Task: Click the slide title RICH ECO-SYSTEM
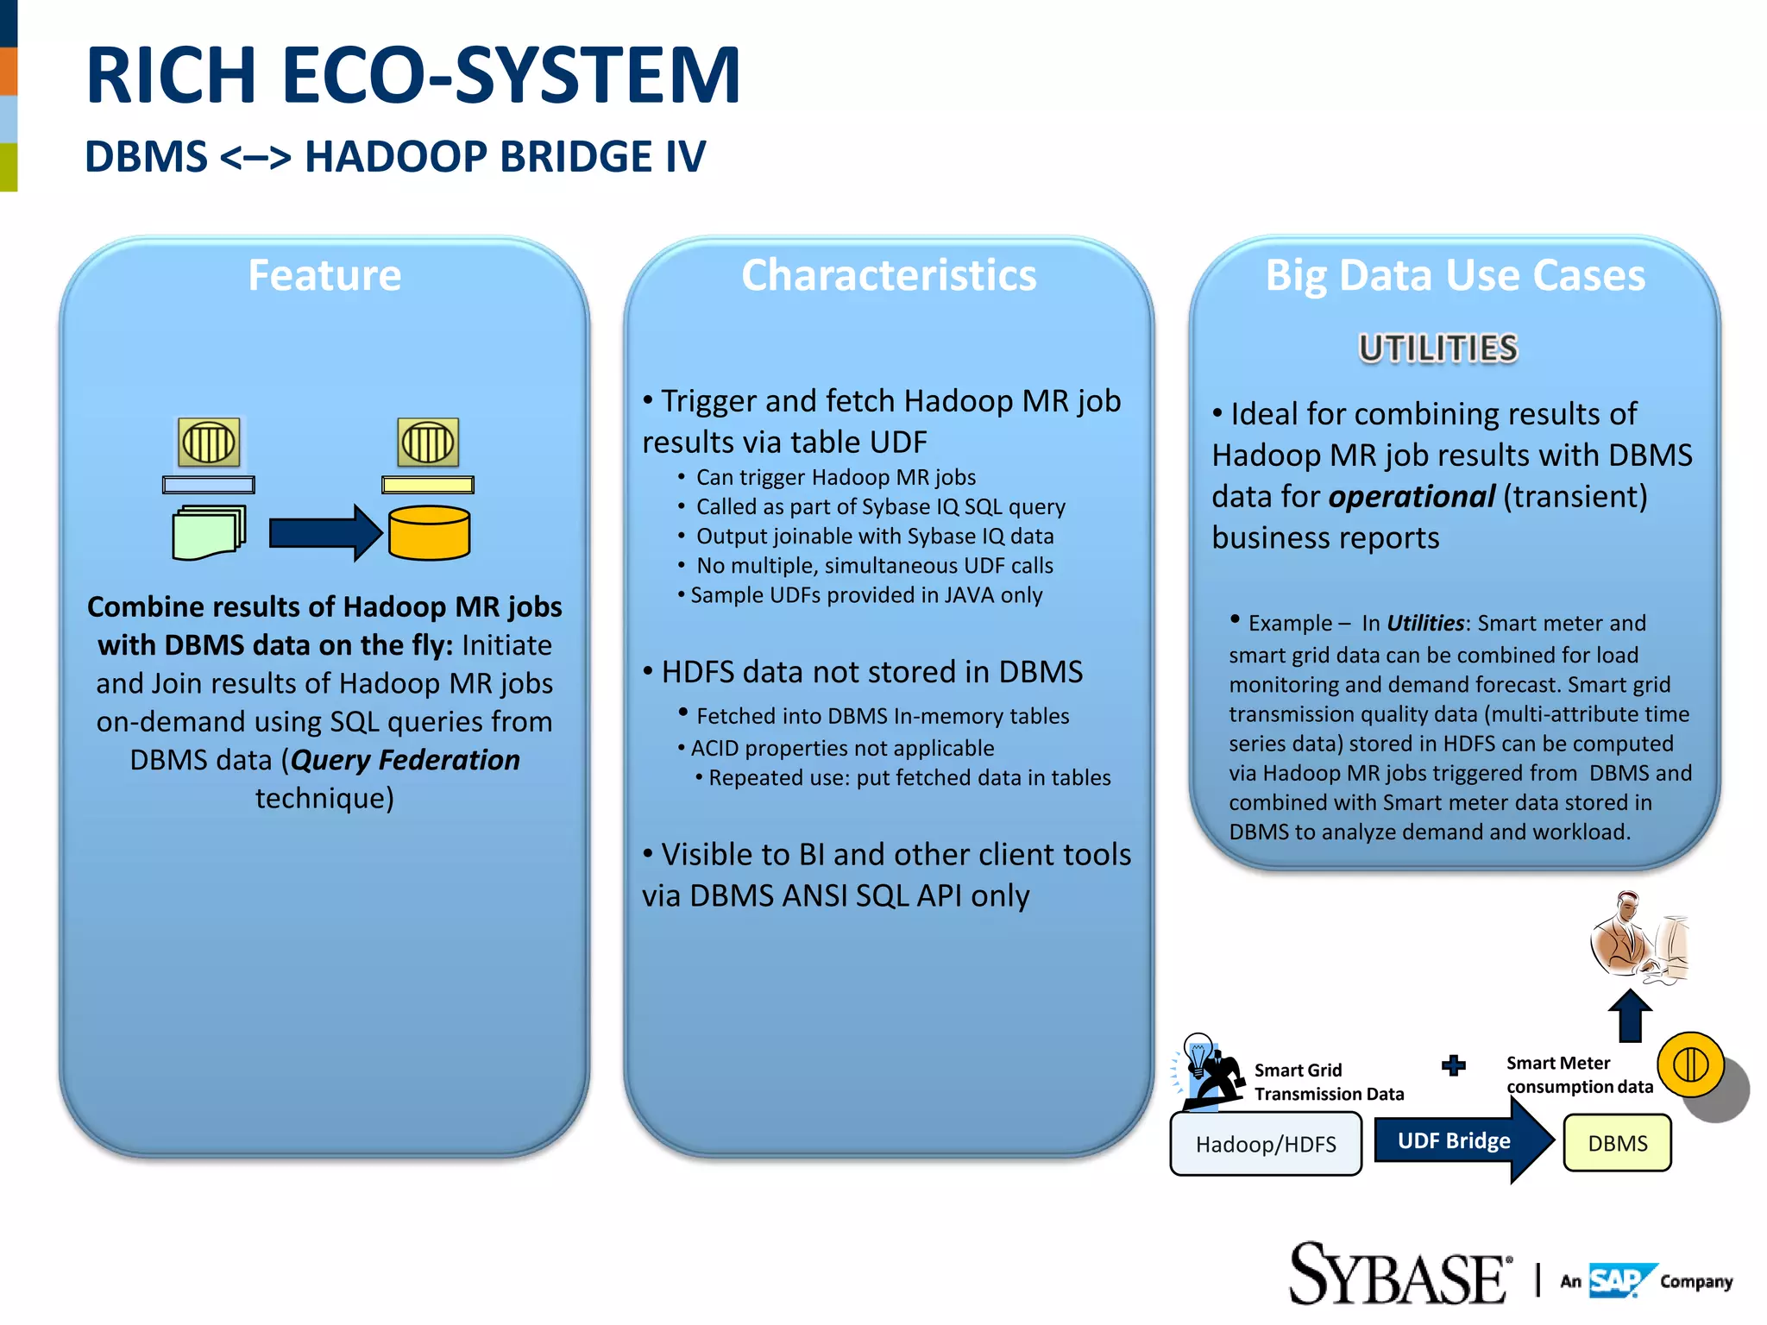412,76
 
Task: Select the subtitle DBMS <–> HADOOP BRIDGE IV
394,157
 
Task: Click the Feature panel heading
324,275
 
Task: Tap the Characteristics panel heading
889,275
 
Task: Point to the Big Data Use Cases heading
1455,275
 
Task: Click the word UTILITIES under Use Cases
1437,349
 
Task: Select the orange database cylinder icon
429,533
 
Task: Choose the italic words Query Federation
406,760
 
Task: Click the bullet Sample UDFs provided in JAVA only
865,595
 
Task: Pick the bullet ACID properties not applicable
841,748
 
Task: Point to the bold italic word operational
1412,497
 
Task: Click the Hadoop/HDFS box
1265,1144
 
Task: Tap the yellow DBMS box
1617,1143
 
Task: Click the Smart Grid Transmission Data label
1328,1082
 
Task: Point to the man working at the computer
1638,938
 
